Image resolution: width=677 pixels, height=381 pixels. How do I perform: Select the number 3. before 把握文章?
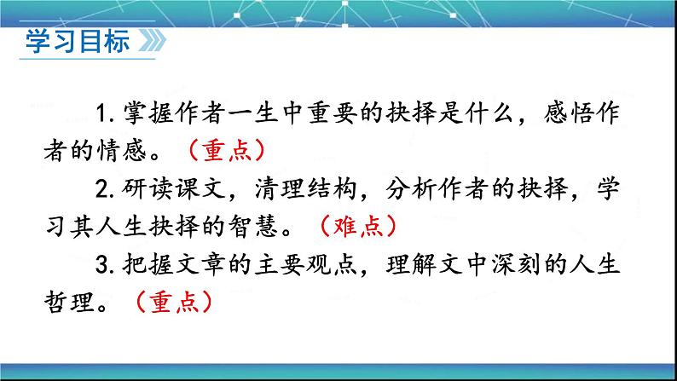click(107, 265)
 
